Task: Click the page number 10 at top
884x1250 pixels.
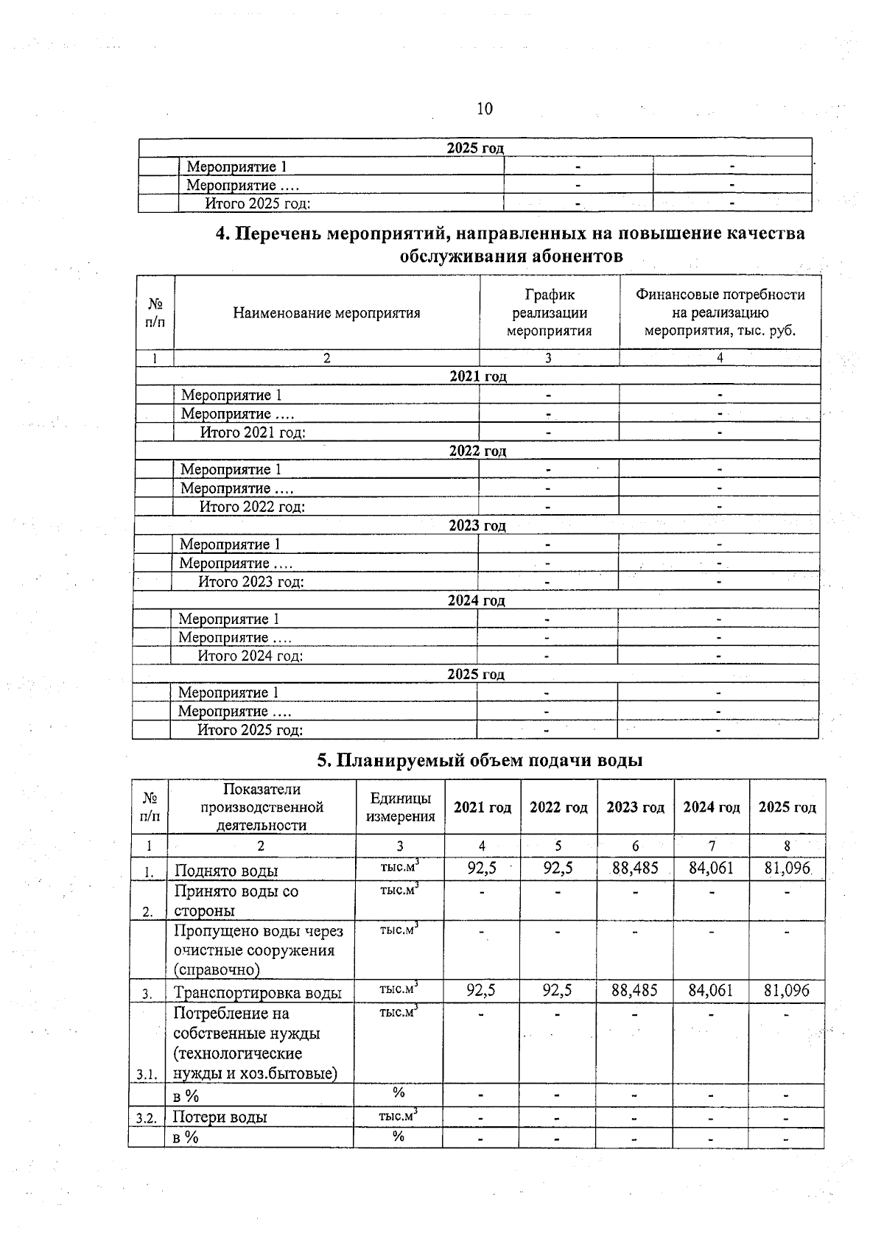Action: [484, 109]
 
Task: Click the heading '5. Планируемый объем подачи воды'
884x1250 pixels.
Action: [480, 760]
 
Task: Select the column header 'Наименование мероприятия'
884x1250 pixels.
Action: [326, 313]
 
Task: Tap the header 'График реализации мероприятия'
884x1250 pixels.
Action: [549, 313]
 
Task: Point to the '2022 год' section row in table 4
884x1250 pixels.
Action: [477, 451]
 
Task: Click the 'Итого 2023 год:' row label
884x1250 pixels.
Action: [251, 582]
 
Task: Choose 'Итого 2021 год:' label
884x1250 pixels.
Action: [253, 432]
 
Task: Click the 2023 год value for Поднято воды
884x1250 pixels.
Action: [635, 868]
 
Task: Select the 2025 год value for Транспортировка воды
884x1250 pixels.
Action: [786, 991]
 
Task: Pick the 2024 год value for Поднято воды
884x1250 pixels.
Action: [711, 868]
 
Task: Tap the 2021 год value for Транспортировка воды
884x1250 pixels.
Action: [481, 991]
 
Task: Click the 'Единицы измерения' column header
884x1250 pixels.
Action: [400, 807]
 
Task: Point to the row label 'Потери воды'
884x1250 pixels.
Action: [220, 1117]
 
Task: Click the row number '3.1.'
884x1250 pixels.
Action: [147, 1075]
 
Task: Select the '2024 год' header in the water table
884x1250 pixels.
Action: [711, 807]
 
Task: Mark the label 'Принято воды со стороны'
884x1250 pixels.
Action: [236, 901]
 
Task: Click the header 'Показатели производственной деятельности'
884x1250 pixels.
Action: [262, 807]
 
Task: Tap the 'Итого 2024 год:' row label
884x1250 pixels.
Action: [250, 656]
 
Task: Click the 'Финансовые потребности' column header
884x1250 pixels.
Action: [720, 313]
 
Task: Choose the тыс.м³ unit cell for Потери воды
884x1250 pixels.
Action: [398, 1116]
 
